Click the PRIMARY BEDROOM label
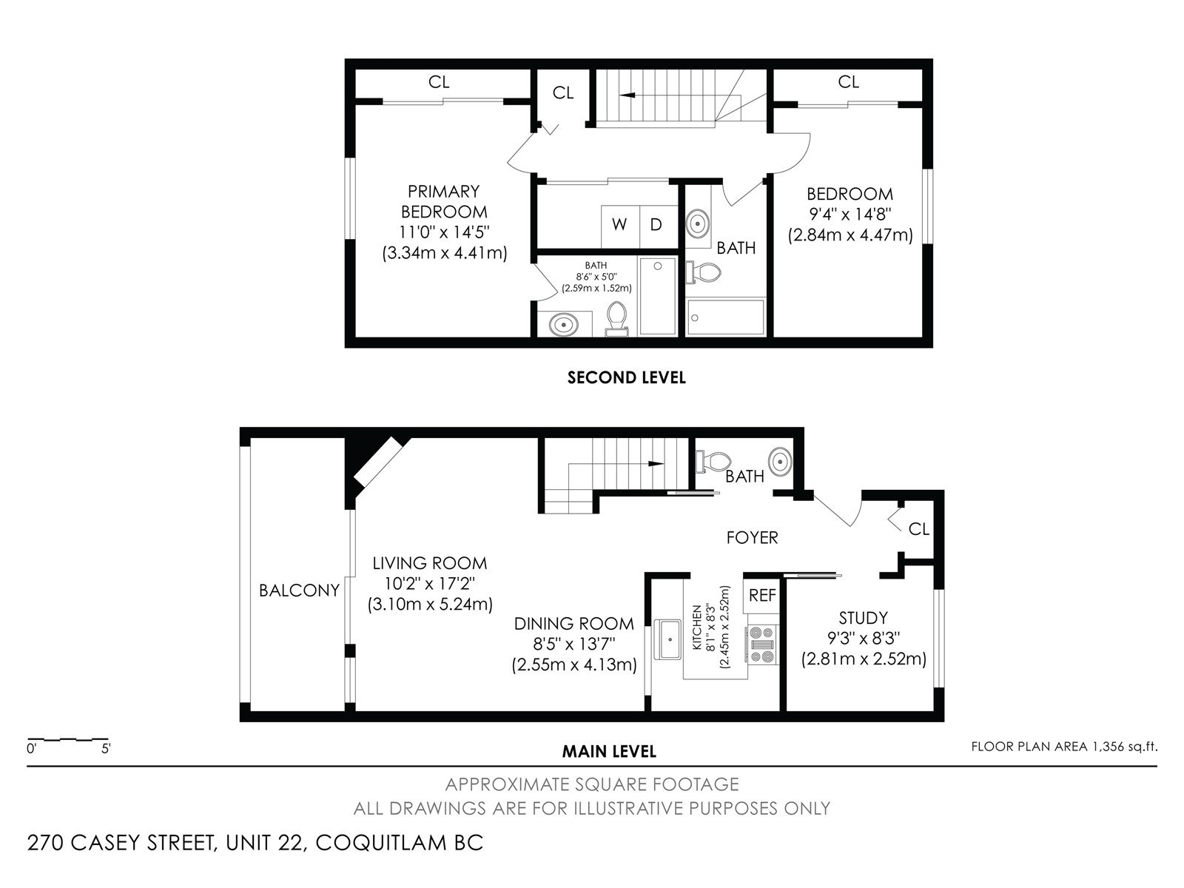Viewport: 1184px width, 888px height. click(444, 201)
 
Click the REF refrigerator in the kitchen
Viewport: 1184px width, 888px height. click(761, 595)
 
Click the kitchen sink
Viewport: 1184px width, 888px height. click(668, 639)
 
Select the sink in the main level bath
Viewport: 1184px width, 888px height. click(780, 462)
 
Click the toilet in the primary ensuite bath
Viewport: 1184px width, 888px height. click(616, 318)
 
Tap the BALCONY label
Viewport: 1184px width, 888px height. click(299, 591)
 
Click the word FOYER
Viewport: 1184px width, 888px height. click(752, 537)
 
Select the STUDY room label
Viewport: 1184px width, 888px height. click(863, 617)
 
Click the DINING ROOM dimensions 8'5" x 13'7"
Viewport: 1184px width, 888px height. click(574, 644)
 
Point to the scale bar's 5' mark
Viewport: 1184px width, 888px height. click(106, 749)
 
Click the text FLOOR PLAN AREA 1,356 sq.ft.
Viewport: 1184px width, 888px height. click(1064, 747)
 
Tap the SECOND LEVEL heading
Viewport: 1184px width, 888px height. click(626, 377)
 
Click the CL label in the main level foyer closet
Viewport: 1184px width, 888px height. click(918, 529)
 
